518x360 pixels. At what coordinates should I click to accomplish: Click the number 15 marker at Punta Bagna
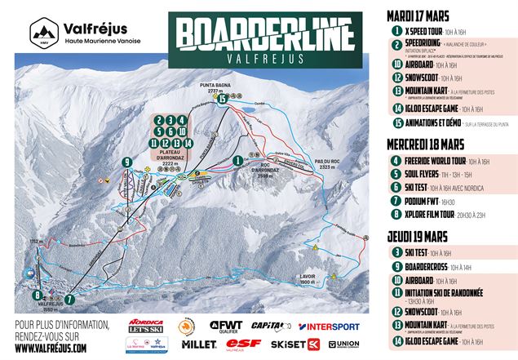click(x=221, y=99)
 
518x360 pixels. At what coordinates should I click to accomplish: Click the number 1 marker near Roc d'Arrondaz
click(x=237, y=161)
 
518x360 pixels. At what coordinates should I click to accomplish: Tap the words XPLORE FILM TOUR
click(x=432, y=217)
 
